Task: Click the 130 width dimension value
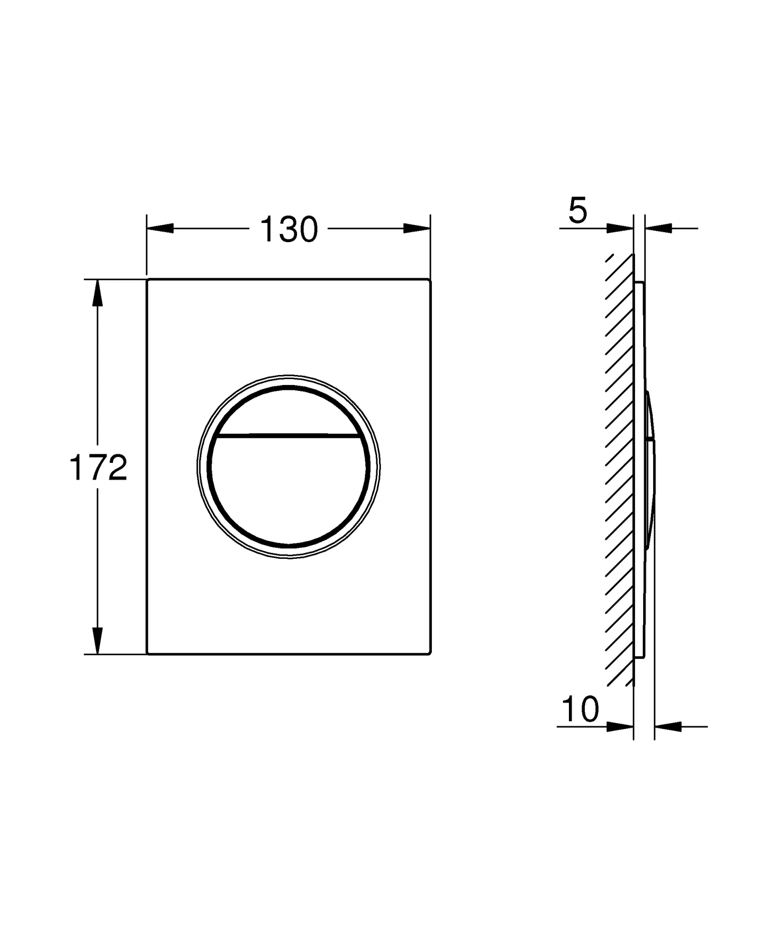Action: point(288,230)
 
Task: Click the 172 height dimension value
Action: point(98,468)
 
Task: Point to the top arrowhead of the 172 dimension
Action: point(97,294)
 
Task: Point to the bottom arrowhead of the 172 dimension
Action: point(97,640)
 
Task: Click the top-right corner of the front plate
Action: point(429,280)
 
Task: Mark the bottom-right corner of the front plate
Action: point(429,653)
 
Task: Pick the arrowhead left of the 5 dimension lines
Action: point(619,228)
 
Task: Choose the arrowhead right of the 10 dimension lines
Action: point(668,727)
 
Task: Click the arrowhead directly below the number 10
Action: point(619,727)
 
